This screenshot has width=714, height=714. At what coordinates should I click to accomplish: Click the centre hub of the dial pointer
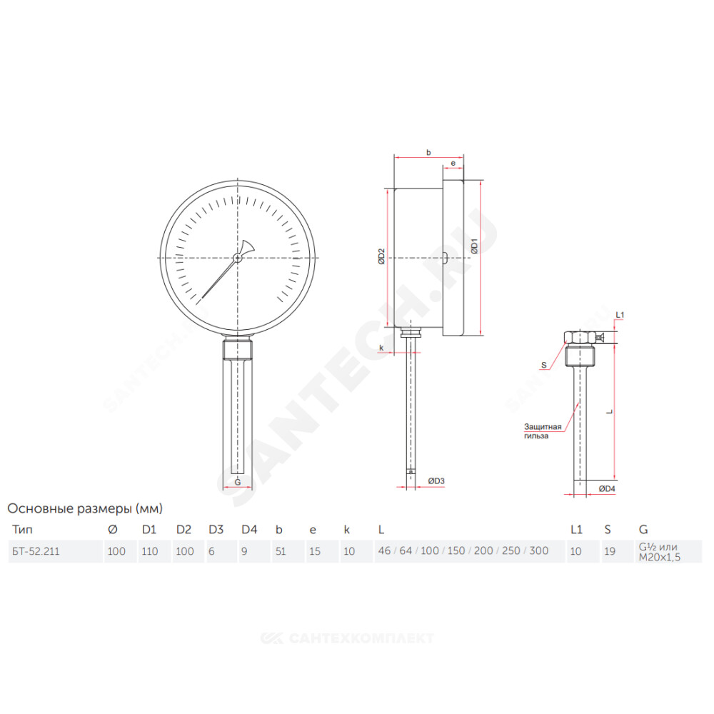tap(237, 258)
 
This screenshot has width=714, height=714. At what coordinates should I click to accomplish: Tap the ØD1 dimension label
tap(474, 246)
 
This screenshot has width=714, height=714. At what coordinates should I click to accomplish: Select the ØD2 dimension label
tap(381, 256)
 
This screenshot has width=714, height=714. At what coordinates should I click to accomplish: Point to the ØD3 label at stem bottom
tap(436, 481)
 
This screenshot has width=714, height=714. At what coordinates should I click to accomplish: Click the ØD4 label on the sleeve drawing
tap(607, 488)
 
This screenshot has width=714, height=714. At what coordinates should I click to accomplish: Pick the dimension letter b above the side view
tap(428, 153)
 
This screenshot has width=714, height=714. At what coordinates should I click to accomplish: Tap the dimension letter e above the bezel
tap(453, 163)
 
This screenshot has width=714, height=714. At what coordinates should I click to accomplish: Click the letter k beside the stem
tap(381, 348)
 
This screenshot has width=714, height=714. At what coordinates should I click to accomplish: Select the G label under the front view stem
tap(237, 482)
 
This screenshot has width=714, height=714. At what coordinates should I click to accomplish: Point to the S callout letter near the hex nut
tap(543, 365)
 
